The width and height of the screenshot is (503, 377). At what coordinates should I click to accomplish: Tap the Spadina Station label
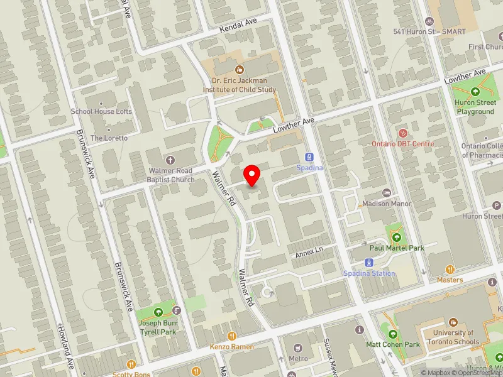[370, 273]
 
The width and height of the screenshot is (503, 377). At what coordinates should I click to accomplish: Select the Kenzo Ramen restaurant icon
[232, 336]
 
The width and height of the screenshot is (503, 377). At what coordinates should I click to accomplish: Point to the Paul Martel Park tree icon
[397, 238]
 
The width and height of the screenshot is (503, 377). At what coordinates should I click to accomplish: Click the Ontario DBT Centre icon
[403, 133]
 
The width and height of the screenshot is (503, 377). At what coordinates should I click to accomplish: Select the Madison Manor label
[387, 204]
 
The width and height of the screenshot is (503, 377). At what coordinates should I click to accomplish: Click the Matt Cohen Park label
[393, 344]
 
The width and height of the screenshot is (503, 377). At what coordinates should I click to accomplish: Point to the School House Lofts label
[101, 111]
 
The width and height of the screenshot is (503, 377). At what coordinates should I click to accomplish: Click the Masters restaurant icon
[450, 270]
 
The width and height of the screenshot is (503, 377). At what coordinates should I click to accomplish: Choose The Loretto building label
[109, 138]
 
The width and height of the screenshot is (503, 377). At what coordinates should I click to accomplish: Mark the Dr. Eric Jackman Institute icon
[239, 70]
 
